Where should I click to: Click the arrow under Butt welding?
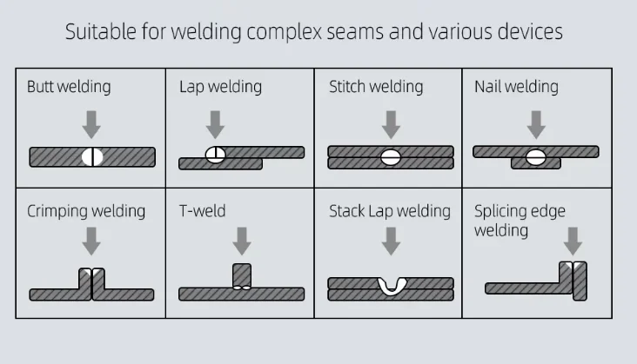point(91,124)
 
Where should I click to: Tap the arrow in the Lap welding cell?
point(215,124)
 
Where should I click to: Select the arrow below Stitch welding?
point(391,124)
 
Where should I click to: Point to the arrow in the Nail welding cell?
point(536,124)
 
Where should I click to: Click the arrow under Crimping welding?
point(91,242)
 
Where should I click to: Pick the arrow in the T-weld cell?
point(242,242)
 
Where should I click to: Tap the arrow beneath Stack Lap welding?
point(391,242)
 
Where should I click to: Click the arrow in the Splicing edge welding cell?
point(573,242)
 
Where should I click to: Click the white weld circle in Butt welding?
point(92,157)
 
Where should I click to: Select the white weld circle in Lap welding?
point(215,155)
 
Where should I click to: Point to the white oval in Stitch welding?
point(391,157)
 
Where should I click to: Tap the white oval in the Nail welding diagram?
point(536,157)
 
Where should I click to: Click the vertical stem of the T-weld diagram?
point(242,276)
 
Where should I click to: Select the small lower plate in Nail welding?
point(536,163)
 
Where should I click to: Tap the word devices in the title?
point(530,31)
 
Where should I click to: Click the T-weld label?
point(202,211)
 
